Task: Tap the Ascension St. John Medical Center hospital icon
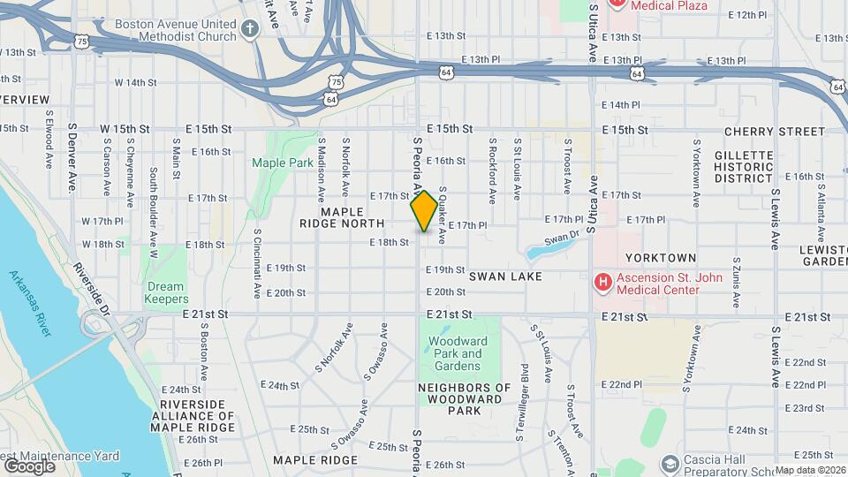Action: coord(603,283)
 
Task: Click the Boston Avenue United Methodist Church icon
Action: coord(250,30)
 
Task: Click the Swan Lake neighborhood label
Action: coord(504,276)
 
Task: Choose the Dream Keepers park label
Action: coord(165,292)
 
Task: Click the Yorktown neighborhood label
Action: coord(661,258)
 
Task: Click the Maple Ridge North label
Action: coord(342,218)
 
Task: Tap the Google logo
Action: coord(29,466)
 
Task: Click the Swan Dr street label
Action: coord(561,238)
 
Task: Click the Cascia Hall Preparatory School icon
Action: coord(670,463)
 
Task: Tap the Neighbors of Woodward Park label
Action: coord(464,399)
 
